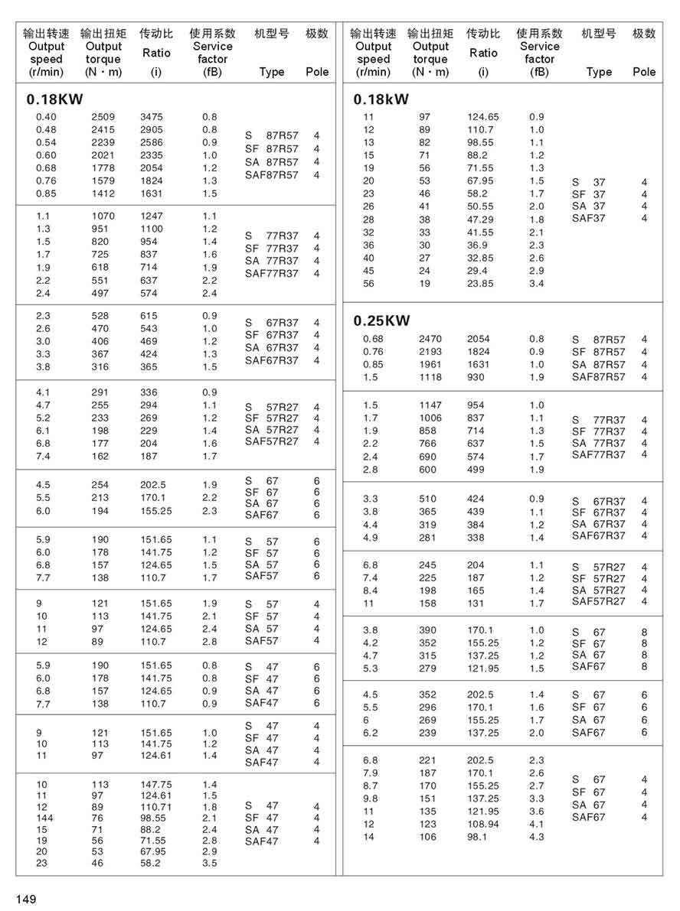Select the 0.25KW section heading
pyautogui.click(x=381, y=320)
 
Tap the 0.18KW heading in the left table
pyautogui.click(x=54, y=99)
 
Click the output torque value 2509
pyautogui.click(x=103, y=117)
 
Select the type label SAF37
pyautogui.click(x=588, y=218)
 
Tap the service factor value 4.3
pyautogui.click(x=536, y=837)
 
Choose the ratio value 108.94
pyautogui.click(x=482, y=824)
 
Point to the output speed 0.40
pyautogui.click(x=46, y=117)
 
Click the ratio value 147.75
pyautogui.click(x=156, y=784)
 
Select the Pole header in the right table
pyautogui.click(x=644, y=71)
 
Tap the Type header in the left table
pyautogui.click(x=271, y=71)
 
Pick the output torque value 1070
pyautogui.click(x=103, y=216)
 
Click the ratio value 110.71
pyautogui.click(x=156, y=806)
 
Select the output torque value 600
pyautogui.click(x=427, y=470)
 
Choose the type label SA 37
pyautogui.click(x=588, y=206)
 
